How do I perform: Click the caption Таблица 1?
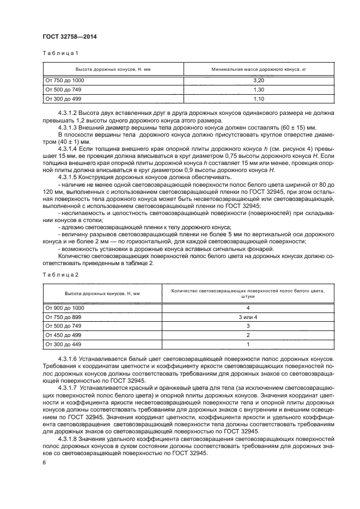(60, 53)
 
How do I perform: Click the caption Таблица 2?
(60, 274)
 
